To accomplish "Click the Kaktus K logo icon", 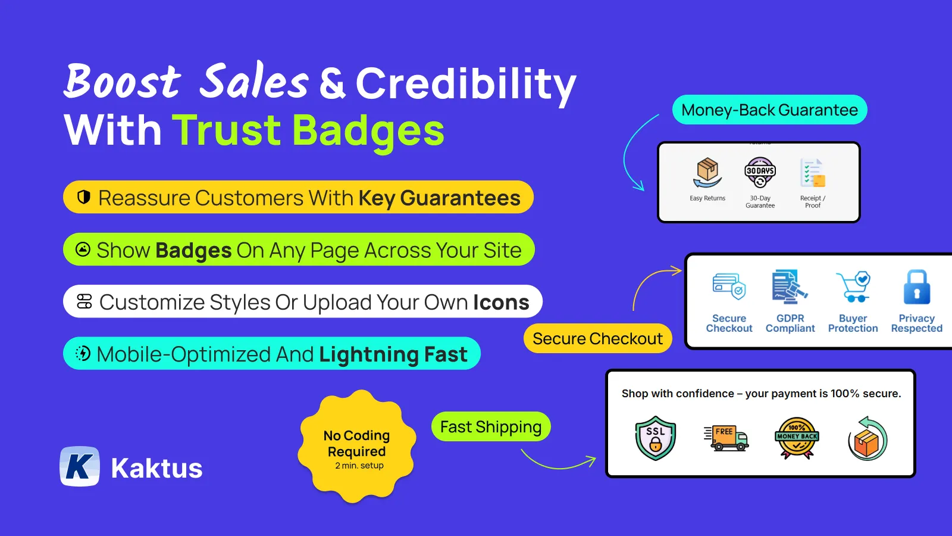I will (80, 466).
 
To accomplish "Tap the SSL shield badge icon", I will (655, 438).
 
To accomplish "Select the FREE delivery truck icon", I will (725, 438).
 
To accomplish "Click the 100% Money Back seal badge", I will (797, 438).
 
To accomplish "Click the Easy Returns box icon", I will (707, 173).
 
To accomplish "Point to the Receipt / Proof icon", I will (813, 173).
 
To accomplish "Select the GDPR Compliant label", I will (790, 323).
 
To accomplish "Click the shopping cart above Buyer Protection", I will (853, 287).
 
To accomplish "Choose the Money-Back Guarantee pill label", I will (769, 110).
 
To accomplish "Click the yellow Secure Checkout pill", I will (597, 339).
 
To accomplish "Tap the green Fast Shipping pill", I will (491, 427).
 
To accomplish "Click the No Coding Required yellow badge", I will (357, 447).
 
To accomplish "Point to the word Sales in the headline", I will (253, 82).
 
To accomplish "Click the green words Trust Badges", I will (308, 130).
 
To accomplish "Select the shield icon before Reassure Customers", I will (84, 197).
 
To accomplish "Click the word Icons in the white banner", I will (501, 303).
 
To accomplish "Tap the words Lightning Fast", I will (393, 354).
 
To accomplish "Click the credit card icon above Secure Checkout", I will (729, 287).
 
